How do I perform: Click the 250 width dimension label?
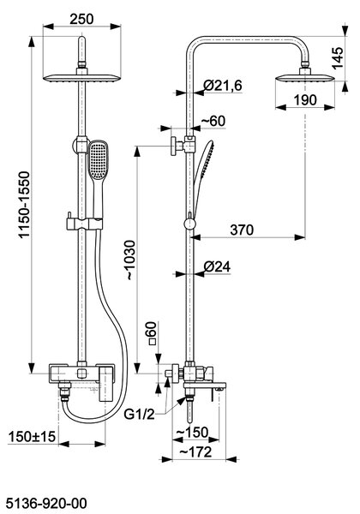point(81,19)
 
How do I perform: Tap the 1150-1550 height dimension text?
point(24,205)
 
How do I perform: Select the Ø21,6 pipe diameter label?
point(223,86)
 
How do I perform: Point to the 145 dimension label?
point(338,57)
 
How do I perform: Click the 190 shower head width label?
point(305,100)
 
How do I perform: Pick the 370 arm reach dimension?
point(242,230)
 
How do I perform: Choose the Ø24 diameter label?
point(217,266)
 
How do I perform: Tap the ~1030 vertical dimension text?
point(129,260)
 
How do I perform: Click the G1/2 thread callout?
point(139,415)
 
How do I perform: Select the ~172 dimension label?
point(195,452)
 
